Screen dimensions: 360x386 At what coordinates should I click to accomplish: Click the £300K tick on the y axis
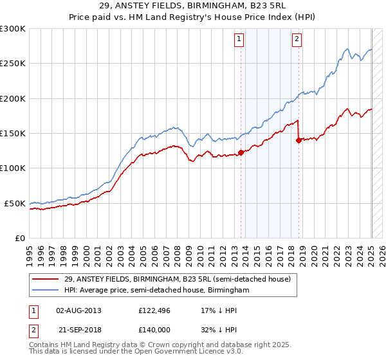(13, 29)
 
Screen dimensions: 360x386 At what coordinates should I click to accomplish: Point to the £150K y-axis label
(13, 134)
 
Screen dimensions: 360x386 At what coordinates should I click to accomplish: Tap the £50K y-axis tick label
(15, 203)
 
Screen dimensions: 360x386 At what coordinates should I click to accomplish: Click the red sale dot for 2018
(299, 140)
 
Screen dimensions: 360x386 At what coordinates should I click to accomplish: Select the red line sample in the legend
(46, 279)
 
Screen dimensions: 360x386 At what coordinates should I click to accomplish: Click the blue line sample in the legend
(46, 290)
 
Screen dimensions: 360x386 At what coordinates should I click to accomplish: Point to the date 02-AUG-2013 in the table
(79, 310)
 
